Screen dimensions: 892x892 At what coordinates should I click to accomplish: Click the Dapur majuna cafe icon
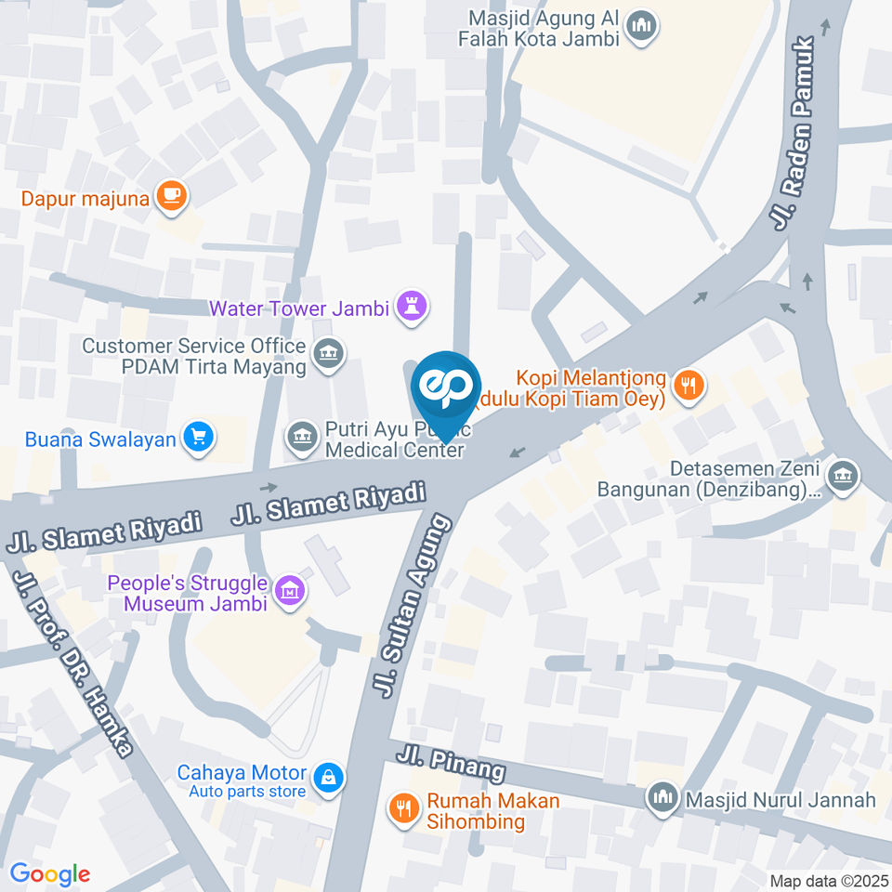[171, 195]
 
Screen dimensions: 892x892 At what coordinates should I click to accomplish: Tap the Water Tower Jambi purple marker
[411, 306]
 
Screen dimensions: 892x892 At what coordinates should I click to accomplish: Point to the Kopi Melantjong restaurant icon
[688, 386]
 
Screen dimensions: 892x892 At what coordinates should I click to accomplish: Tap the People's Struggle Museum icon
[291, 590]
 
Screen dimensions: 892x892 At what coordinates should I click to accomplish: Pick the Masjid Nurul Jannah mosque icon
[662, 797]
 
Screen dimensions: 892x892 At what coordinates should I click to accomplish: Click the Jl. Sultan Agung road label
[413, 603]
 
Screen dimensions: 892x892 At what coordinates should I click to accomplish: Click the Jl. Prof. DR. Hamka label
[74, 660]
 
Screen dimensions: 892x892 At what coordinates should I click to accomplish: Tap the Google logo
[50, 873]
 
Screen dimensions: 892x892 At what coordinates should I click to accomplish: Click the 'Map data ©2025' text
[829, 881]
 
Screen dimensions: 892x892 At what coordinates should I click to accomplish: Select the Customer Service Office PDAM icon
[327, 353]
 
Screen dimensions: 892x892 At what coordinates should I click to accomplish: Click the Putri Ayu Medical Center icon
[300, 435]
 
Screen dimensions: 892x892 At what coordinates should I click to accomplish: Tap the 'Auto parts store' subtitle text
[247, 792]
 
